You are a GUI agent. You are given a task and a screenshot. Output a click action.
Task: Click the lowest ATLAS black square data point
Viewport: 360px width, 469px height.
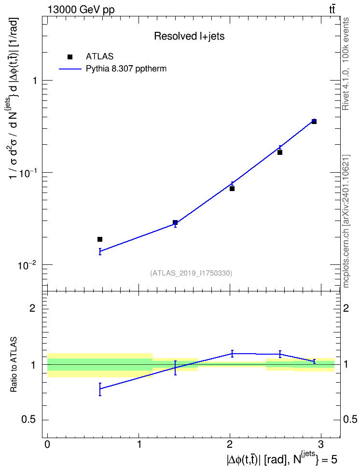click(100, 239)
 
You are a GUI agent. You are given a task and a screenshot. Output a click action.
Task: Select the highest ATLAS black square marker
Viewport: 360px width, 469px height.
click(314, 122)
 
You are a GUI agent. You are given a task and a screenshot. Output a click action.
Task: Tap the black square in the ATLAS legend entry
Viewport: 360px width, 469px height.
click(70, 57)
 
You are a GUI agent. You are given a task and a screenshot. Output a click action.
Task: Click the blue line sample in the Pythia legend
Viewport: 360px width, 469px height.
click(70, 69)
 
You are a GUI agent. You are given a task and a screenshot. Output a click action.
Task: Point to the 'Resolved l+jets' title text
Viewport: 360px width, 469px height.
click(189, 36)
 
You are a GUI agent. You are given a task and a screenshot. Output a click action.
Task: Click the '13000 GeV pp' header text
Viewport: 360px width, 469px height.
click(81, 10)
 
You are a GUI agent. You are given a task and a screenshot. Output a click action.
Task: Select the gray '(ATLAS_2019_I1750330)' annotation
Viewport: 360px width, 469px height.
click(191, 273)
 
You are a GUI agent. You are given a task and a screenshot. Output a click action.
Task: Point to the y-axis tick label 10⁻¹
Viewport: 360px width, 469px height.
click(26, 173)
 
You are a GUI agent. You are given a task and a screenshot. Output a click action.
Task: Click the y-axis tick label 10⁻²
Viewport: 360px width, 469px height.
click(26, 265)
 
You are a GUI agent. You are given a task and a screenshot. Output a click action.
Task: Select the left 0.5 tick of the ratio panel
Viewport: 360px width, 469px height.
click(29, 420)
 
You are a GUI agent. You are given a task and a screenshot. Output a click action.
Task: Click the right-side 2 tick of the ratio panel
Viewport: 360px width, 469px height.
click(346, 308)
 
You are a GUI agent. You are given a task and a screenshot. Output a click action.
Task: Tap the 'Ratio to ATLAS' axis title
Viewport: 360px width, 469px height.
click(14, 365)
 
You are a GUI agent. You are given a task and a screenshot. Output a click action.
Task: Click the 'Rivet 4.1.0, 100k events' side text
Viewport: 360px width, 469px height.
click(346, 64)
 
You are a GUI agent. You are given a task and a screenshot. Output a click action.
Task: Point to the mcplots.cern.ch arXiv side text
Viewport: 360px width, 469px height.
click(346, 221)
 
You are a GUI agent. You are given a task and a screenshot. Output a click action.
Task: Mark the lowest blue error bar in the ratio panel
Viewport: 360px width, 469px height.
click(100, 389)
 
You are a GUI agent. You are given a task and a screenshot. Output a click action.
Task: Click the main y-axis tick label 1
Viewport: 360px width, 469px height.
click(34, 81)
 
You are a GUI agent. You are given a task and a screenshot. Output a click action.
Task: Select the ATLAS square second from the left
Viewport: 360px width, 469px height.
click(175, 222)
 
